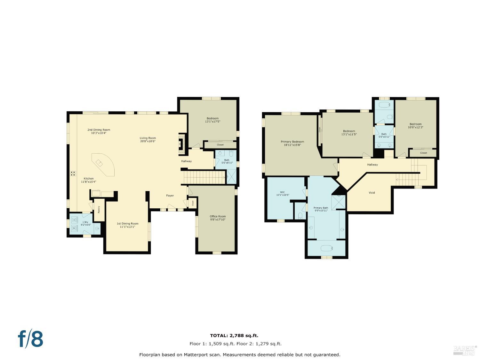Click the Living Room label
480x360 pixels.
[148, 138]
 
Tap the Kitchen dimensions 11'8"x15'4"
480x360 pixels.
[89, 182]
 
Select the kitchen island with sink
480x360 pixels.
[103, 164]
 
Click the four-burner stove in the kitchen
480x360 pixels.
[73, 173]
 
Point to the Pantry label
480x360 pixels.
[99, 210]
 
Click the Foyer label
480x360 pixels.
[170, 196]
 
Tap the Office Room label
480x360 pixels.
[218, 217]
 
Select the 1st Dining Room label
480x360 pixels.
[127, 224]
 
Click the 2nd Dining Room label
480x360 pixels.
[99, 130]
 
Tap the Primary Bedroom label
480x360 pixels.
[292, 142]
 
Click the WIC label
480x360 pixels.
[282, 192]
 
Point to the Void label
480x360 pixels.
[372, 193]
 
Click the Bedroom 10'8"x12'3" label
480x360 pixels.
[415, 124]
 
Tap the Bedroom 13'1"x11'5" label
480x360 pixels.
[349, 131]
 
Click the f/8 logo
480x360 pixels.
[30, 339]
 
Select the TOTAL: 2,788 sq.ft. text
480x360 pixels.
[234, 336]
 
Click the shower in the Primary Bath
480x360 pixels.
[338, 202]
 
